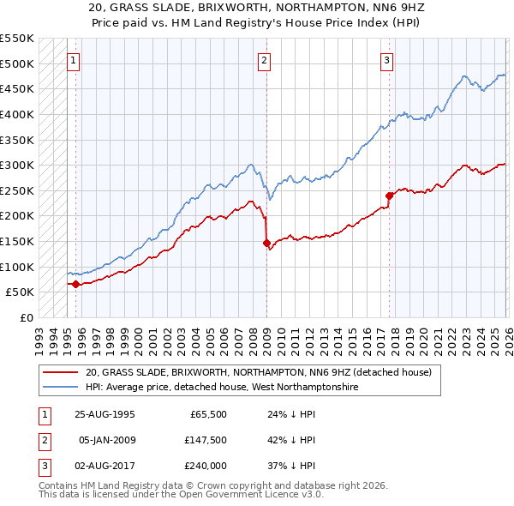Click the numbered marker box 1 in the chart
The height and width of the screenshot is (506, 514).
[74, 60]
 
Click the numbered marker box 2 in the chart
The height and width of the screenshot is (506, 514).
[265, 60]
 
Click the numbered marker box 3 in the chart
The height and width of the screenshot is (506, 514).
[387, 60]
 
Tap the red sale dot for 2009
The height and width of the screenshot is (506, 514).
[266, 243]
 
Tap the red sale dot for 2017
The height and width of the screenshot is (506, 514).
[389, 196]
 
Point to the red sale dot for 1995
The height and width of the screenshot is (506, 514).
[76, 284]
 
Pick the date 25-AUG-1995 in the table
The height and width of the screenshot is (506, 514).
[105, 414]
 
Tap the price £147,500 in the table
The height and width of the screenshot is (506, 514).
[205, 440]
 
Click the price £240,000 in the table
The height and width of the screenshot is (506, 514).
[205, 466]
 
